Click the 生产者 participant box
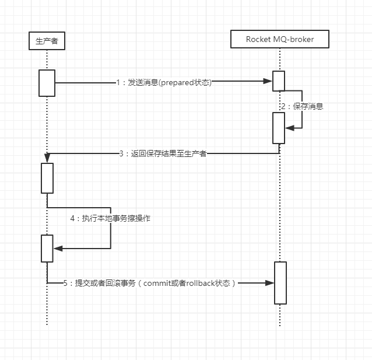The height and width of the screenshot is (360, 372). (x=47, y=41)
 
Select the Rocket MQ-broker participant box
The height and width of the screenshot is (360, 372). (x=280, y=39)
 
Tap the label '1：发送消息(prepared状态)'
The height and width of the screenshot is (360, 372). (x=164, y=83)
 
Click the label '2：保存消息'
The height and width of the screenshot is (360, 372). (x=301, y=107)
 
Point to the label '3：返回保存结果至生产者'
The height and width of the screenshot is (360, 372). (x=163, y=154)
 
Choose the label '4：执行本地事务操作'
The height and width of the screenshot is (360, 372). (x=111, y=218)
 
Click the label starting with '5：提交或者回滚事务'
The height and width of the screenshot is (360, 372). (x=150, y=283)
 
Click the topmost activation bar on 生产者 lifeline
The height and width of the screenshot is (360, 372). (x=47, y=83)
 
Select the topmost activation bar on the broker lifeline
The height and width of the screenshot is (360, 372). (x=279, y=81)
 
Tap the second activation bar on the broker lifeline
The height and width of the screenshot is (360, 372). (x=279, y=128)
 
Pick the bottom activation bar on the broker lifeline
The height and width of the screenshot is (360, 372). (x=280, y=283)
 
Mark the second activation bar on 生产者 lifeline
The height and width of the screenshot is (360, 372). (x=47, y=178)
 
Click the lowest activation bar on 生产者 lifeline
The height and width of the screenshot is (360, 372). (x=47, y=249)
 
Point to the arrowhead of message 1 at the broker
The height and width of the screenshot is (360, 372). (x=269, y=82)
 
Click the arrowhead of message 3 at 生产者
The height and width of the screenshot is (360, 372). (x=48, y=157)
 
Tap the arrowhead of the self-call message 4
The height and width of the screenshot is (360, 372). (x=57, y=249)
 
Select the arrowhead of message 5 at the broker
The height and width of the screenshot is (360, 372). (x=270, y=283)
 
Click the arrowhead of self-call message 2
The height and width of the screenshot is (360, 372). (x=289, y=128)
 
